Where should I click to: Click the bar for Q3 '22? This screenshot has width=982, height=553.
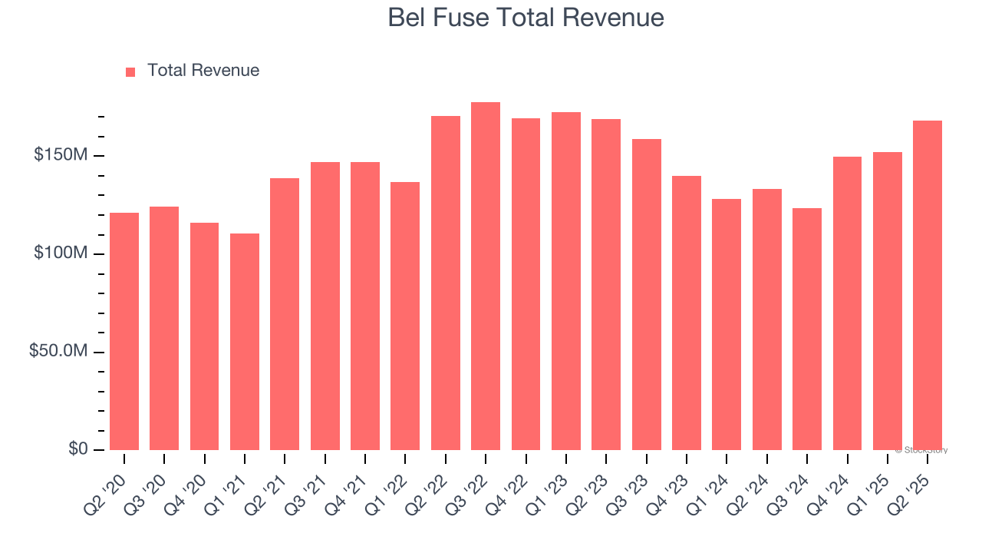486,276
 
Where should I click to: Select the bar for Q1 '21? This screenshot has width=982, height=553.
245,341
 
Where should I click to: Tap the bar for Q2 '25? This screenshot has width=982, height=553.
928,285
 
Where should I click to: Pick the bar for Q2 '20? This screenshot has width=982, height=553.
124,331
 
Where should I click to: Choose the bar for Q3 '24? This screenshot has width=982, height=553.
807,329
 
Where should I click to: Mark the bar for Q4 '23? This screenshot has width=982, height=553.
687,313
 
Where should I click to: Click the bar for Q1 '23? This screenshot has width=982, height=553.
566,280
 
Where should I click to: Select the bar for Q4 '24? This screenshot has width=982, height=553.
847,303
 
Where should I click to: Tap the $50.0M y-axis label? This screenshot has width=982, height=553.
58,351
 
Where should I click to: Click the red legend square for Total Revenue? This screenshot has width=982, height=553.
130,71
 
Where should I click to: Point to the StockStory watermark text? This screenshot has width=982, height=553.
921,450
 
